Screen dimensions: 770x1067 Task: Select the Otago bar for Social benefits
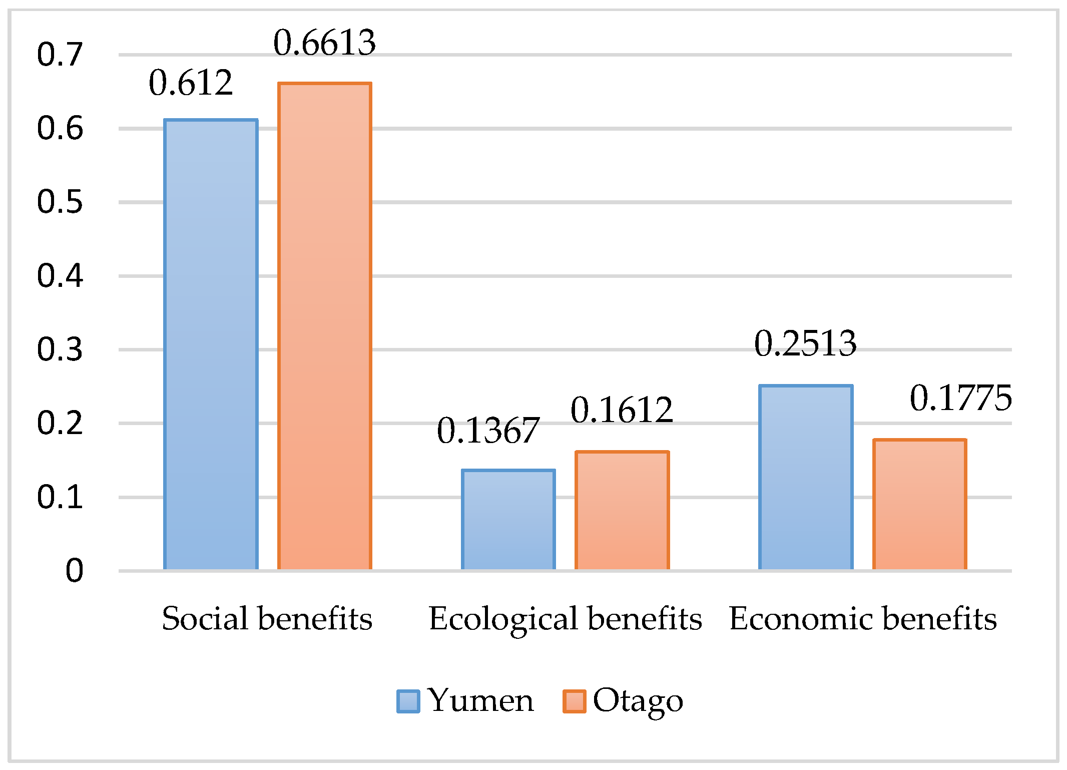coord(324,326)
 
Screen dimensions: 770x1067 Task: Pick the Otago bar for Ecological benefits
coord(622,511)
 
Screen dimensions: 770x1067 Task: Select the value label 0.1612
coord(622,410)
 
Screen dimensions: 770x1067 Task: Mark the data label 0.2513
coord(805,344)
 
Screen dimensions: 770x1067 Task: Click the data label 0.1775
coord(960,399)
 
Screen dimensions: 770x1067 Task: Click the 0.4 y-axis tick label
coord(60,276)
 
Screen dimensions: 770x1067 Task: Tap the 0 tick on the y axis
coord(74,570)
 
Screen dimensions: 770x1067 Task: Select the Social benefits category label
coord(267,618)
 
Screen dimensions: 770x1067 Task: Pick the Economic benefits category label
coord(863,618)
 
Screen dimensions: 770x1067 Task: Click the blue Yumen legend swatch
coord(408,701)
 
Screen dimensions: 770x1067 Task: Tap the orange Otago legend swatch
coord(574,701)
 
